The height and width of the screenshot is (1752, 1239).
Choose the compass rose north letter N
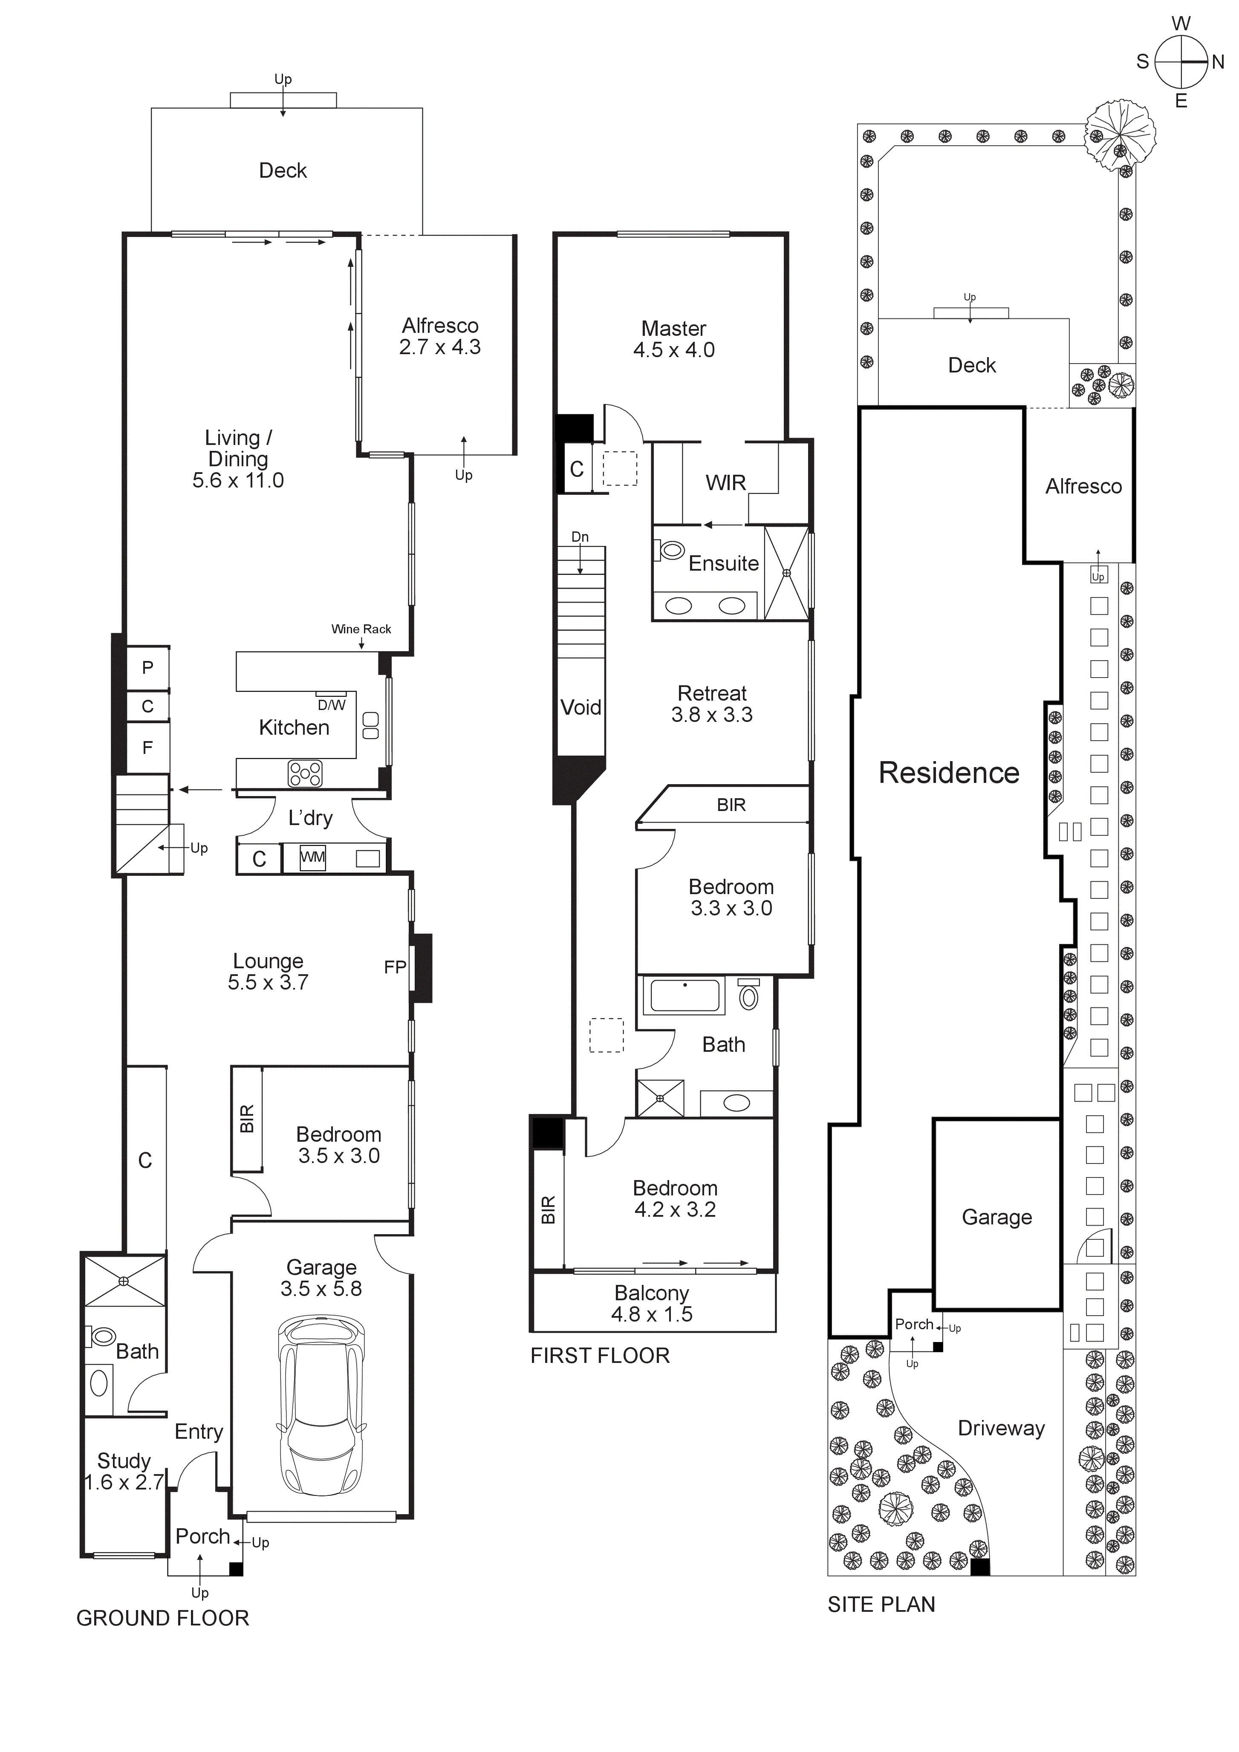[1218, 63]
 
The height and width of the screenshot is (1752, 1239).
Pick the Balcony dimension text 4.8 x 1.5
[652, 1314]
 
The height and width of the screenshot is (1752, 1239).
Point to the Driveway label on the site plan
[1001, 1429]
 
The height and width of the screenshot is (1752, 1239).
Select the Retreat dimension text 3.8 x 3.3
[712, 715]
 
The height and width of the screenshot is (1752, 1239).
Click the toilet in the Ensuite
[671, 549]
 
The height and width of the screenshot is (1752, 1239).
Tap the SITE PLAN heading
[881, 1604]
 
